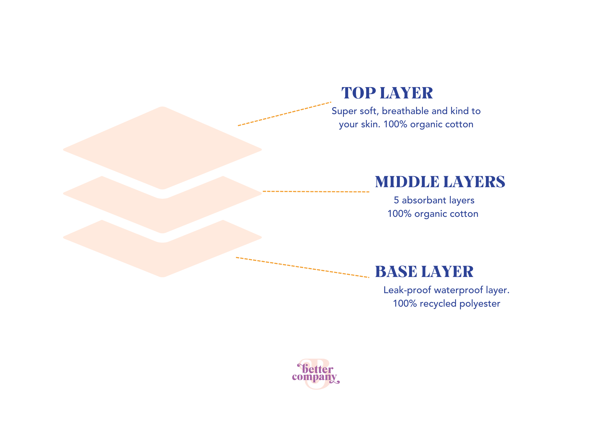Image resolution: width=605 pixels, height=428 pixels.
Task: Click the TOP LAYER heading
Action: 387,93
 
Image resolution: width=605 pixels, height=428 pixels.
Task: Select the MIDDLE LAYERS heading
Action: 440,182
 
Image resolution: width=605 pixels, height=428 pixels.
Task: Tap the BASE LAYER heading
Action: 424,272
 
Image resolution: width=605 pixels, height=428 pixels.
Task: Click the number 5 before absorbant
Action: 396,200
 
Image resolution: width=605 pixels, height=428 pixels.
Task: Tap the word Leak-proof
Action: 407,290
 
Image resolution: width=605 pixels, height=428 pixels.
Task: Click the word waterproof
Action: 458,290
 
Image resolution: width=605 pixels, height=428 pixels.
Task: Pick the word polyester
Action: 480,304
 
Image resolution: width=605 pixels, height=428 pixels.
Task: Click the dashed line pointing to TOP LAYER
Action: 284,114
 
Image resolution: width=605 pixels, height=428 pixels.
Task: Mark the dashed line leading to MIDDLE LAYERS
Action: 316,191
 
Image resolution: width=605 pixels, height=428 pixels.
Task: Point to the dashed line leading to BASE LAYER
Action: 302,267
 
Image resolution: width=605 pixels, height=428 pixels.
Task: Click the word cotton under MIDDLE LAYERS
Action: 464,214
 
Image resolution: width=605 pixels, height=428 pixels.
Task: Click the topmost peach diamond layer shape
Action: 163,148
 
